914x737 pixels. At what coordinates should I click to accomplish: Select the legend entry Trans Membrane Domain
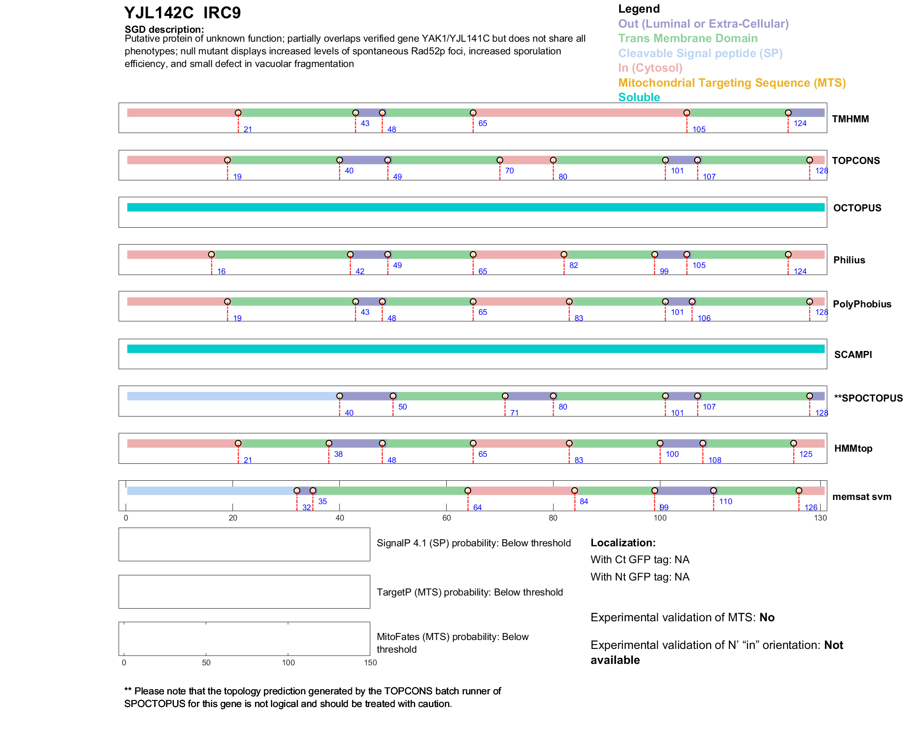688,38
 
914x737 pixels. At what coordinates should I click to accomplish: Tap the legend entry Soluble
639,97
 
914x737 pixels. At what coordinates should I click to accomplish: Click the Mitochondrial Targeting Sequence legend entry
732,83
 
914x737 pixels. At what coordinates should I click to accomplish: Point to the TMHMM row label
850,119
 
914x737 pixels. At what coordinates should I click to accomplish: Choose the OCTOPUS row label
857,208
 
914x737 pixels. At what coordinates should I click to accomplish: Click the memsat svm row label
862,497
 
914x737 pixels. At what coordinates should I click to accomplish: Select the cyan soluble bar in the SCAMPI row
475,349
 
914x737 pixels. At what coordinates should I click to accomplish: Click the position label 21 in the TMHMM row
247,130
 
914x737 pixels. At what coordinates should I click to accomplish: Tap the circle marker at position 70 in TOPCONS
500,160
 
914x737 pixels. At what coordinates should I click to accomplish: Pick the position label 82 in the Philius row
573,266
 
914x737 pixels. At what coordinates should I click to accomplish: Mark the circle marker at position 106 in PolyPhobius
692,302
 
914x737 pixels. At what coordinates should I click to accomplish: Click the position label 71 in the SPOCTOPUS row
514,413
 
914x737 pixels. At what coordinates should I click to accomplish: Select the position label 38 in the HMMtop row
338,454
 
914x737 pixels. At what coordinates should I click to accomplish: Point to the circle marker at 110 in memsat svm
713,491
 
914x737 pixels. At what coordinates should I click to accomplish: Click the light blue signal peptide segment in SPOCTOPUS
232,396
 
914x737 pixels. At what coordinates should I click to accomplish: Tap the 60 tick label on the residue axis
446,518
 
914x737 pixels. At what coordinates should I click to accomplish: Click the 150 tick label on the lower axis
370,663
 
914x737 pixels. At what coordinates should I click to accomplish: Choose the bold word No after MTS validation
767,618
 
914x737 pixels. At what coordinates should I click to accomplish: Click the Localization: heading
622,543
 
